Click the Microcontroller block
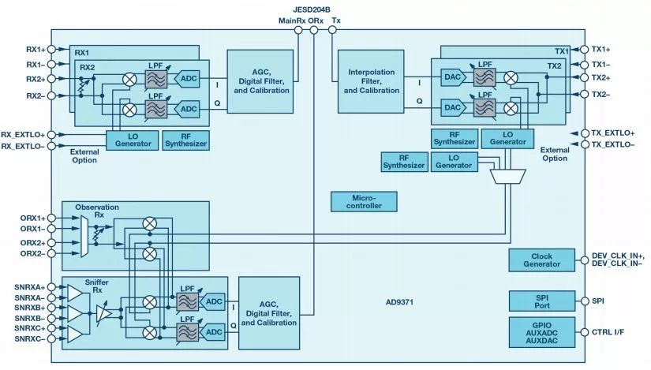364,200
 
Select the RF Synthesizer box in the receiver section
185,140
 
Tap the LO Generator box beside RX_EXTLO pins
132,140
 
